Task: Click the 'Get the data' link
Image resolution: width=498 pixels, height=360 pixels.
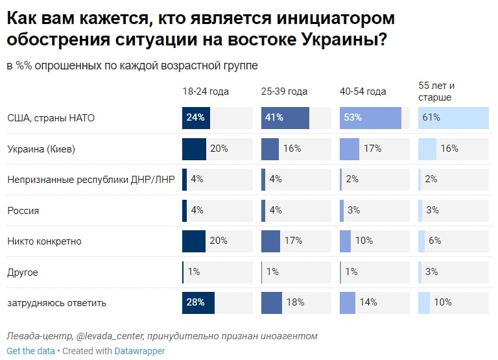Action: tap(30, 351)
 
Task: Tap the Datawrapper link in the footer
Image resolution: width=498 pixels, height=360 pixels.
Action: tap(139, 351)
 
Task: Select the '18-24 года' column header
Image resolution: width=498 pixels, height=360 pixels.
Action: tap(206, 91)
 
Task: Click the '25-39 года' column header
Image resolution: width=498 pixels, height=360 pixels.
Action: tap(284, 91)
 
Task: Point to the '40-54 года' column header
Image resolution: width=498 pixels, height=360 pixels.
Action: tap(362, 91)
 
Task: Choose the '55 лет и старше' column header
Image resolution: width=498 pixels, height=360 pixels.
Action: tap(436, 91)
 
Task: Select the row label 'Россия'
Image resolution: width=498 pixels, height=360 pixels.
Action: tap(23, 210)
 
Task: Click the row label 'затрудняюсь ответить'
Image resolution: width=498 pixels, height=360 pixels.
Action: tap(56, 303)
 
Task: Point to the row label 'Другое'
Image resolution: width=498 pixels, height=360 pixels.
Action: tap(23, 272)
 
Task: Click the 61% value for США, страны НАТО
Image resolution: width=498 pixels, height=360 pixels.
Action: tap(431, 118)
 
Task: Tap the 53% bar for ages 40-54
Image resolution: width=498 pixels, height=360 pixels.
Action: tap(370, 118)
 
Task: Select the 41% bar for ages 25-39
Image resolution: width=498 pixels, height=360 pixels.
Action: tap(285, 118)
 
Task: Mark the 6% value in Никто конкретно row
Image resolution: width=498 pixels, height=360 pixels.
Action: tap(434, 241)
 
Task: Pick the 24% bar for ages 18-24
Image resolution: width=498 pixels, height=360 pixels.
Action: tap(196, 118)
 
